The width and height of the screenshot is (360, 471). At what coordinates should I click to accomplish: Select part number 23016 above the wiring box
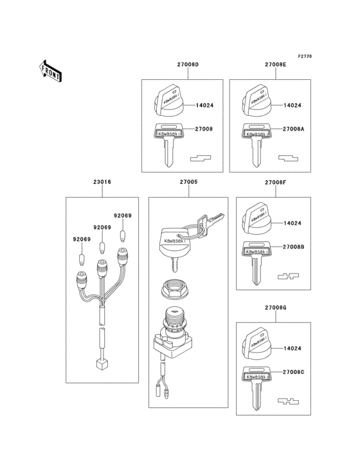click(x=102, y=183)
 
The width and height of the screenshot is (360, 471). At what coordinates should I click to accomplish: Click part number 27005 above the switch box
click(x=188, y=183)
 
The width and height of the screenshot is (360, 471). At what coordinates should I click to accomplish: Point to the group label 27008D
click(x=188, y=65)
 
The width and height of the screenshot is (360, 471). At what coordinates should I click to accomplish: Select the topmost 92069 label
click(x=123, y=216)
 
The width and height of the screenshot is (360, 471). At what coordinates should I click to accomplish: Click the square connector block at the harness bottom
click(x=100, y=365)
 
